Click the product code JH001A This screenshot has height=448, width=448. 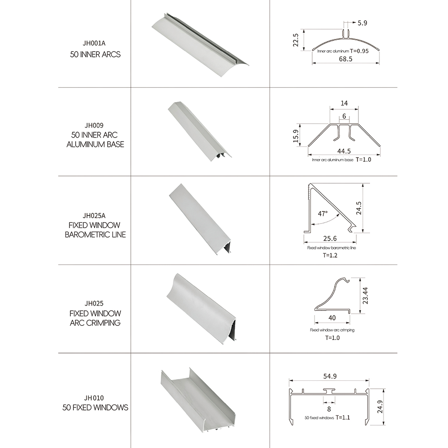point(94,43)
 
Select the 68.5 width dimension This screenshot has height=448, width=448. point(345,59)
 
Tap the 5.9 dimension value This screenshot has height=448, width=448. point(362,23)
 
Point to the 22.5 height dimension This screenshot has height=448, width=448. point(295,40)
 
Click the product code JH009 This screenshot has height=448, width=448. point(94,125)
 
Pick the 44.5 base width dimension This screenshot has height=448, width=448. point(344,151)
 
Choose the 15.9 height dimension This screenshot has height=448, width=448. point(295,136)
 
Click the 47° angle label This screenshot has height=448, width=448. point(323,213)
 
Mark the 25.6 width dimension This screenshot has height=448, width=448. point(330,238)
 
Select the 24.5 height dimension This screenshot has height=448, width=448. point(359,208)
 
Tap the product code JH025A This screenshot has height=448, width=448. point(94,215)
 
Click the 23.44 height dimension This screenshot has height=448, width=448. point(365,295)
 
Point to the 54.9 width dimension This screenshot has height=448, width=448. point(330,376)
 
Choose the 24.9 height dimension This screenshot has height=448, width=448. point(379,407)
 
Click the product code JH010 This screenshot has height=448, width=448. point(94,398)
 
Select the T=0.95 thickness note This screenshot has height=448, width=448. point(359,51)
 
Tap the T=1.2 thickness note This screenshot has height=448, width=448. point(330,255)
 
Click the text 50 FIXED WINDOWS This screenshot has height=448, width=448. point(95,407)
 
